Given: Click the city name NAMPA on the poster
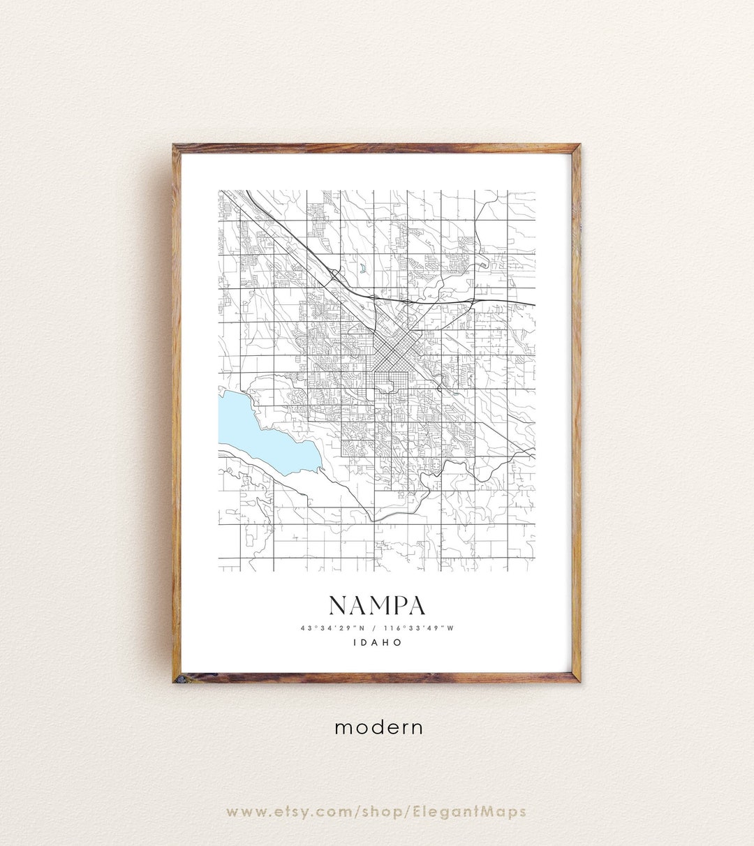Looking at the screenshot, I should click(376, 605).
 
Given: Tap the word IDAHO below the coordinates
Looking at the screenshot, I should click(377, 642).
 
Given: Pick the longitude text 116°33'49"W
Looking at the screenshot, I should click(418, 628).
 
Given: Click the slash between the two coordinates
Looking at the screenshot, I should click(374, 628).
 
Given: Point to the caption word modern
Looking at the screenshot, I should click(378, 727).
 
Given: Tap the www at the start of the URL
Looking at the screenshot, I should click(244, 812).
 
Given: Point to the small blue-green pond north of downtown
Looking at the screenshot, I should click(363, 267).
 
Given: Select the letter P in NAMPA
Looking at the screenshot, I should click(397, 605).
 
